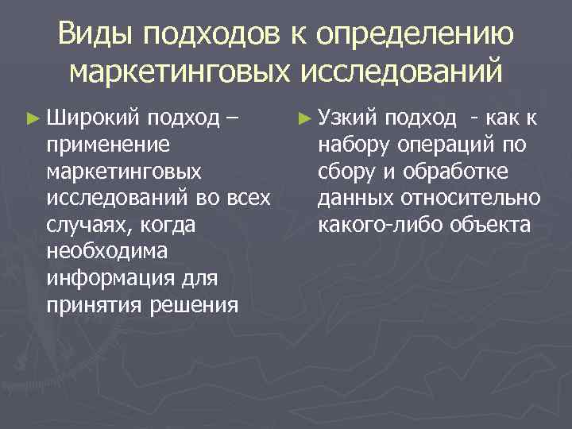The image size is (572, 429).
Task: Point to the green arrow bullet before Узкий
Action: [x=303, y=119]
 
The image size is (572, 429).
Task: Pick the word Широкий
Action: [x=84, y=119]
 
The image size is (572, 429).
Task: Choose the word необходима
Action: [x=107, y=252]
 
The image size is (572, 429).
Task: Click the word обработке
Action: [x=454, y=172]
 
